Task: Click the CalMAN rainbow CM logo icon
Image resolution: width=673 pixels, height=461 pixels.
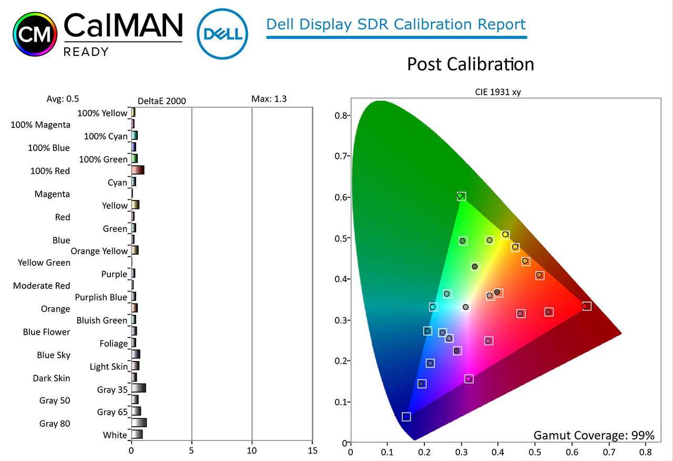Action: (35, 35)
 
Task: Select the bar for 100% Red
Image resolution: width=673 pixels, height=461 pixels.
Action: (138, 170)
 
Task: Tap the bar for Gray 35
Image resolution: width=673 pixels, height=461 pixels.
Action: (138, 388)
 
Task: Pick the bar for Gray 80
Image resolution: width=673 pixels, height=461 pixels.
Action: (139, 423)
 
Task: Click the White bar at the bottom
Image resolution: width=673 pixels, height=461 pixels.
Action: (137, 434)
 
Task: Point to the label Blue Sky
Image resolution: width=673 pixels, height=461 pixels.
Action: (54, 355)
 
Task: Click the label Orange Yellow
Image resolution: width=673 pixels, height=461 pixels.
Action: (99, 251)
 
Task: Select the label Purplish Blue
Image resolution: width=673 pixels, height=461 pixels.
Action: (101, 297)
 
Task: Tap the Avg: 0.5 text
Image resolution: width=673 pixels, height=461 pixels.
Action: (63, 98)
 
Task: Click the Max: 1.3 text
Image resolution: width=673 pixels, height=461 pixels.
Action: (269, 98)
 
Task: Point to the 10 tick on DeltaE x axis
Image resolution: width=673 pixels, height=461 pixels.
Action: (252, 450)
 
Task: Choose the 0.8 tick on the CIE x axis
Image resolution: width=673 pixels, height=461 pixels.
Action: (645, 452)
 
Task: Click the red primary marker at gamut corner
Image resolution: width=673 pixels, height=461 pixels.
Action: (585, 306)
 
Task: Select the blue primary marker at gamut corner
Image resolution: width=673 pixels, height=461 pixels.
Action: (406, 417)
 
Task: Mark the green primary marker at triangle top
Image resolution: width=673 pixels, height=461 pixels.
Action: (461, 196)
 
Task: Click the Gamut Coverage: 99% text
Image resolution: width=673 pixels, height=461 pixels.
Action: (594, 435)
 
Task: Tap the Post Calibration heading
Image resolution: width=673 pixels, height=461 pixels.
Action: (470, 64)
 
